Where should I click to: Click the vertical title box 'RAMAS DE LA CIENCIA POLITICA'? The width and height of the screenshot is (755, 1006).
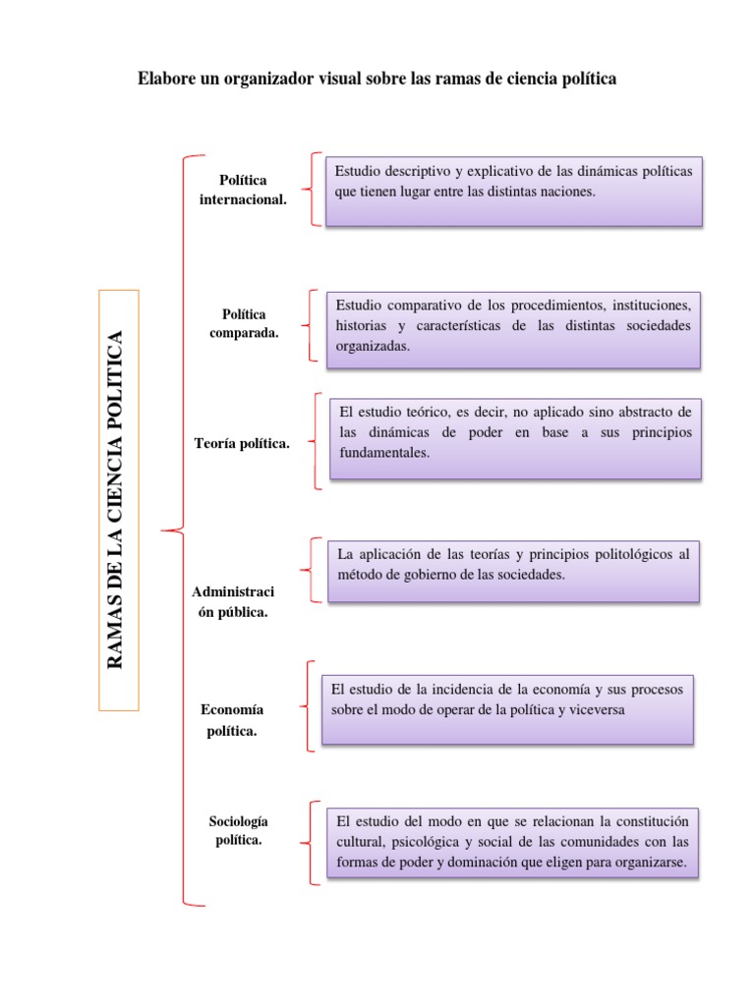(118, 500)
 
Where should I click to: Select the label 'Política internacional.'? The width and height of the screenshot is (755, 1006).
(243, 190)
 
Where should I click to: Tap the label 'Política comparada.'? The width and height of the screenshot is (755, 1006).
(244, 323)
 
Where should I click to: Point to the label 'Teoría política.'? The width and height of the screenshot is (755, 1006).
(243, 444)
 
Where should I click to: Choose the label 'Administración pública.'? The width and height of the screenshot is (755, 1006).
(233, 601)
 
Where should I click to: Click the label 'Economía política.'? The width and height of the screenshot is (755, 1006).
(232, 720)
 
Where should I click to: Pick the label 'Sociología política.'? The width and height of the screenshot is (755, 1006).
(239, 830)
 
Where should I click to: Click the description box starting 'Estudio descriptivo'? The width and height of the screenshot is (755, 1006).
(513, 191)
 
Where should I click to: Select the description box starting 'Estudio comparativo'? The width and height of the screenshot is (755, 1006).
(513, 327)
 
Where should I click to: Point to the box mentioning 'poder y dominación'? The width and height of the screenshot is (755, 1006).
(512, 842)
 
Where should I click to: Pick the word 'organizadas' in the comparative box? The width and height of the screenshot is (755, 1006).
(372, 346)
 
